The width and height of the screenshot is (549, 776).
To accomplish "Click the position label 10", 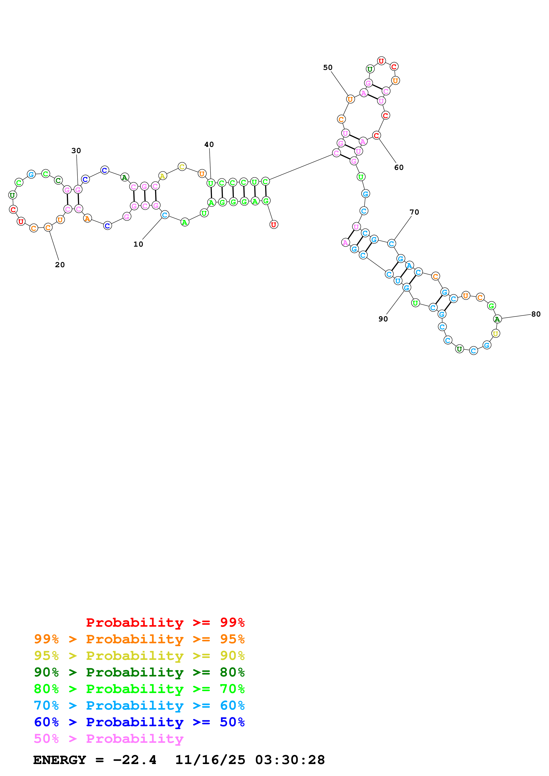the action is tap(138, 244).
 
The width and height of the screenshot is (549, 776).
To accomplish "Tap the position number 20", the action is tap(60, 265).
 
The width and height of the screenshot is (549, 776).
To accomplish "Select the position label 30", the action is tap(76, 151).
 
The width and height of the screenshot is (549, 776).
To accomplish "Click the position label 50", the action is tap(328, 68).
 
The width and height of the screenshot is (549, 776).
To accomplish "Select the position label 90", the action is tap(383, 319).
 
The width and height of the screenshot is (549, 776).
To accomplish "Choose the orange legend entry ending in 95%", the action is tap(139, 639).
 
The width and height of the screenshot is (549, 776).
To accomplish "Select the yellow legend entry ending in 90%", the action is tap(139, 655).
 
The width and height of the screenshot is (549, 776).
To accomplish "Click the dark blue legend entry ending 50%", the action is tap(139, 722).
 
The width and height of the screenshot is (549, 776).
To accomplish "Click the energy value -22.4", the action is tap(135, 760).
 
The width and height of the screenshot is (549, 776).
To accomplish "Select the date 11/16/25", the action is tap(210, 760).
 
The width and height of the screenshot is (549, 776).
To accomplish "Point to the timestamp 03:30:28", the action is tap(290, 760).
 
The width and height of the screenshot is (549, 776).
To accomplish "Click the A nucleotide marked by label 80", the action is tap(497, 319).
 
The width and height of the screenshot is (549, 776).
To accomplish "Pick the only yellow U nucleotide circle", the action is tap(495, 334).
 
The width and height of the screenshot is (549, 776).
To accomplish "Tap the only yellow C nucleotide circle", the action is tap(182, 167).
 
